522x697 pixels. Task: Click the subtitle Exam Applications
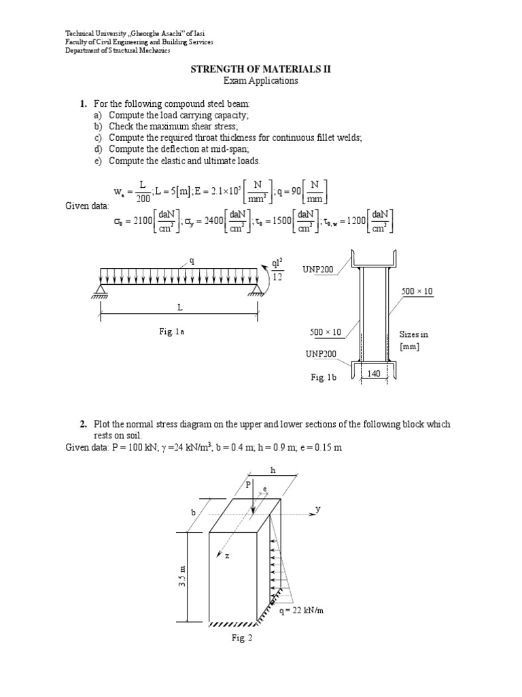tap(261, 80)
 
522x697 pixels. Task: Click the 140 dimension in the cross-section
tap(373, 374)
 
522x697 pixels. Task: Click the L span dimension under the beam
tap(180, 308)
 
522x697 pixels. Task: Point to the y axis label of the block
tap(318, 509)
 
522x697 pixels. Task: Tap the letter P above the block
tap(248, 485)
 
